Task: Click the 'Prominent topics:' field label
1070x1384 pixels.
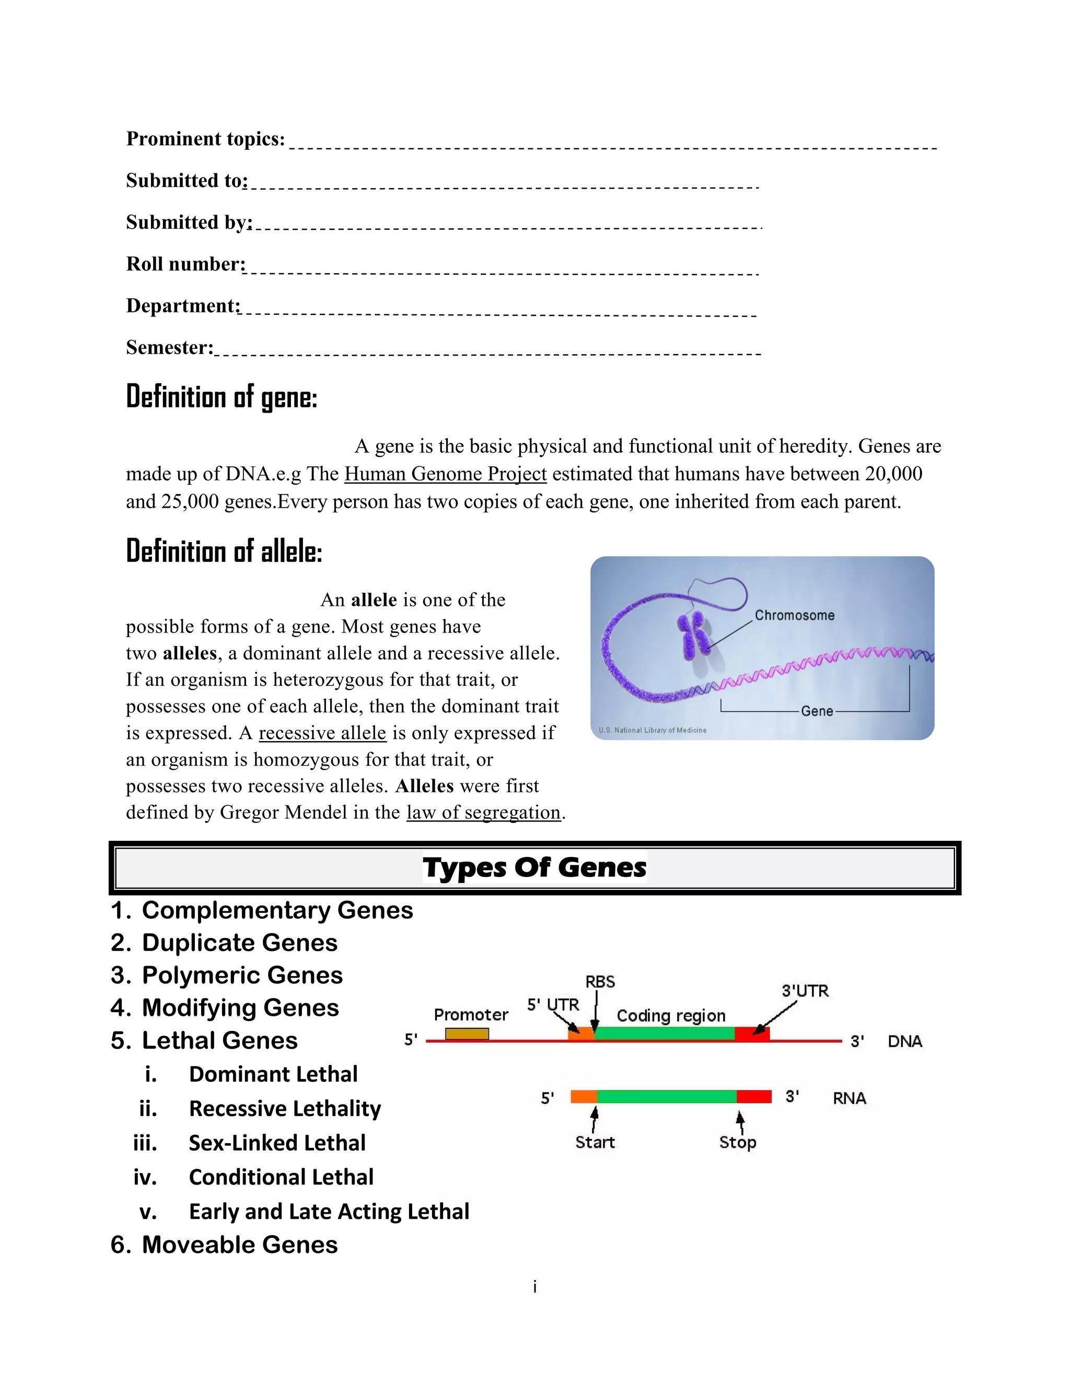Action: pyautogui.click(x=205, y=139)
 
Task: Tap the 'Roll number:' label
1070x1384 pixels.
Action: pyautogui.click(x=185, y=264)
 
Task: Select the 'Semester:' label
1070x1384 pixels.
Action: pyautogui.click(x=169, y=347)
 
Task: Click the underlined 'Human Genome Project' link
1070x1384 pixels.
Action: pyautogui.click(x=445, y=474)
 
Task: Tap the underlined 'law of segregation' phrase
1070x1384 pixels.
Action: pyautogui.click(x=484, y=813)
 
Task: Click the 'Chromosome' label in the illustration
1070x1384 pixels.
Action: pyautogui.click(x=794, y=615)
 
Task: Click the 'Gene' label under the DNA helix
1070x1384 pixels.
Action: pyautogui.click(x=817, y=711)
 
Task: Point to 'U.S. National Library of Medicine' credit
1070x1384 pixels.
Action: pyautogui.click(x=652, y=730)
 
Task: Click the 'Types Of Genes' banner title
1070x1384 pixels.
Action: pyautogui.click(x=534, y=867)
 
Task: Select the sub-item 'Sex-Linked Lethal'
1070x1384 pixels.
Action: pyautogui.click(x=277, y=1143)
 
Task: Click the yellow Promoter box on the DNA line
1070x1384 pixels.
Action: pyautogui.click(x=467, y=1034)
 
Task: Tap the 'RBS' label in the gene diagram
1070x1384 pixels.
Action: pyautogui.click(x=600, y=982)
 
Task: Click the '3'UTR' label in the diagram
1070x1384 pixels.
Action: pyautogui.click(x=805, y=990)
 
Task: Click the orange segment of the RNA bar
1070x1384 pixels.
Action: pyautogui.click(x=584, y=1096)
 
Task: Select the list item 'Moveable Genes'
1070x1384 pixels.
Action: pyautogui.click(x=240, y=1245)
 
